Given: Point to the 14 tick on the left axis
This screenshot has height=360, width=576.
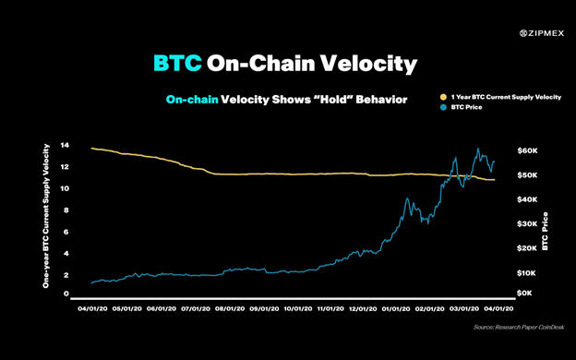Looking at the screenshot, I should coord(65,146).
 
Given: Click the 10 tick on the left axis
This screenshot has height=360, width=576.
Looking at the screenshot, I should coord(65,188).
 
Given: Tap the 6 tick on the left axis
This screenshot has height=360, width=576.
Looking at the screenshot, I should coord(66,231).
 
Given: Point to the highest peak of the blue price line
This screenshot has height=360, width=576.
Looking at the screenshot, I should coord(477,149).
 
